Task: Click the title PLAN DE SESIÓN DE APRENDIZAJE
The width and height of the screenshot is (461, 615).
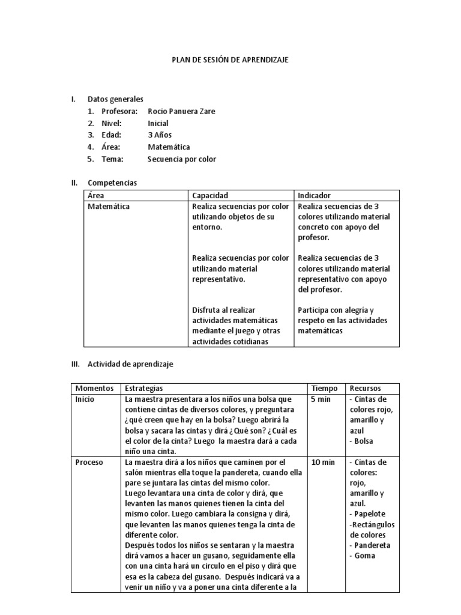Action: [230, 61]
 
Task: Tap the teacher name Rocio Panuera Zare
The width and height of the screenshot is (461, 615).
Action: [181, 111]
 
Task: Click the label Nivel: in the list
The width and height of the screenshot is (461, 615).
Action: [112, 123]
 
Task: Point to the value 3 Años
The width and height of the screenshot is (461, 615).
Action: [160, 135]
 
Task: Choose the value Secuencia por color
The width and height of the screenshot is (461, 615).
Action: [182, 159]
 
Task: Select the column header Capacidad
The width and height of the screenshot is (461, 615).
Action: [210, 196]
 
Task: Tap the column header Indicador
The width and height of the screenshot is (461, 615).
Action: [314, 196]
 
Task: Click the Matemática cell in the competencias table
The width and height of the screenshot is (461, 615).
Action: [109, 207]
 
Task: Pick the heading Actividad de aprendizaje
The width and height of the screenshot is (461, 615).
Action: [130, 364]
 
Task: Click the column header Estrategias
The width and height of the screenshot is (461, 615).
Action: [143, 389]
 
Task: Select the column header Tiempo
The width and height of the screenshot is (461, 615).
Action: [325, 389]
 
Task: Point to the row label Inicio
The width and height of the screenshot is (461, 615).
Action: [85, 399]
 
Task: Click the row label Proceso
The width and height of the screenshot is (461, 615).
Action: [89, 462]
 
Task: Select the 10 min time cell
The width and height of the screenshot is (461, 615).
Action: [324, 462]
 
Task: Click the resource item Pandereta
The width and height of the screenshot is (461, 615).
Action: [370, 545]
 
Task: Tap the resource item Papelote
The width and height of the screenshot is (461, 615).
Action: [367, 514]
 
